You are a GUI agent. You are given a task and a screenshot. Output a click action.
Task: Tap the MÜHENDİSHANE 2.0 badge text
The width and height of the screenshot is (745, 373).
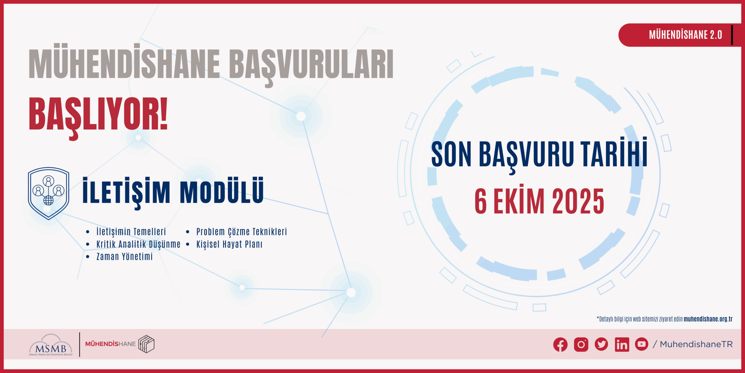click(x=685, y=35)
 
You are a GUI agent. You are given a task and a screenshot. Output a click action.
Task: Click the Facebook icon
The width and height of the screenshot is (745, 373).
click(x=560, y=344)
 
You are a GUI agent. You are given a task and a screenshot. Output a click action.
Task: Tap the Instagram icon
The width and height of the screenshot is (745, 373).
click(x=581, y=344)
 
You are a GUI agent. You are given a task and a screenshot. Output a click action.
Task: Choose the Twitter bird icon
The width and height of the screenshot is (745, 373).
click(x=601, y=344)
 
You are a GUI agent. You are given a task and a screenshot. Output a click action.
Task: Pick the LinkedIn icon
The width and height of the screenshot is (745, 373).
click(x=622, y=344)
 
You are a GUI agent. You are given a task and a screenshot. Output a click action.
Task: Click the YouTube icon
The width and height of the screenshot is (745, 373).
click(x=641, y=344)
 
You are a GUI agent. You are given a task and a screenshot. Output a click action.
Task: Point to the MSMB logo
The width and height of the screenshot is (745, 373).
click(x=51, y=345)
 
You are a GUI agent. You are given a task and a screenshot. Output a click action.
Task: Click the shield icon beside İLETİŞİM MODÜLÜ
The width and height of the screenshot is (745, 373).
click(x=49, y=193)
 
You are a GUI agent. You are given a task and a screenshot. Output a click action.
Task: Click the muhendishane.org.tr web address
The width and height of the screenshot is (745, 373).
click(x=708, y=319)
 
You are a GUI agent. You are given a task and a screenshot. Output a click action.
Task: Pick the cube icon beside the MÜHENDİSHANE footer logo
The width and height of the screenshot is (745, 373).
click(x=146, y=344)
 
